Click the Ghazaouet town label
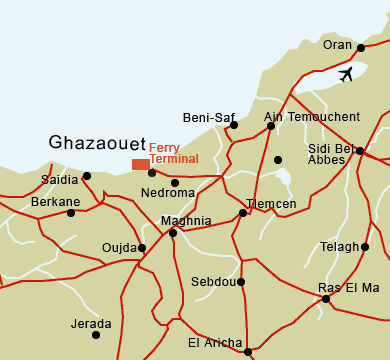[97, 144]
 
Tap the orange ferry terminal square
[140, 164]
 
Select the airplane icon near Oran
[346, 75]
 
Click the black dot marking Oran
[361, 47]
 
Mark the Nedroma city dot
[175, 182]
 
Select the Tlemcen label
[272, 204]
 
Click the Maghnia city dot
[173, 233]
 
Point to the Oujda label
[119, 247]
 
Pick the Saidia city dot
[87, 176]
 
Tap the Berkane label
[56, 201]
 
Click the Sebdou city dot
[241, 282]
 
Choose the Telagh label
[340, 247]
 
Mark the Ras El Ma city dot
[326, 299]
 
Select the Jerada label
[92, 324]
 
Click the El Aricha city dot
[248, 351]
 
